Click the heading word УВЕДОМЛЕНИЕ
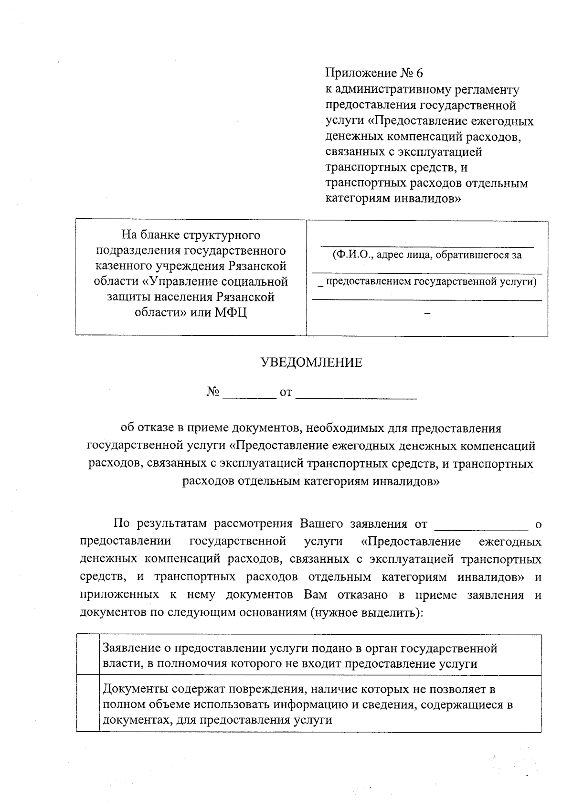311,363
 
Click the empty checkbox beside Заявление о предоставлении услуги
88,655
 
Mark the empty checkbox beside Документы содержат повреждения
88,704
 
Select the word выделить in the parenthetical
392,612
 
